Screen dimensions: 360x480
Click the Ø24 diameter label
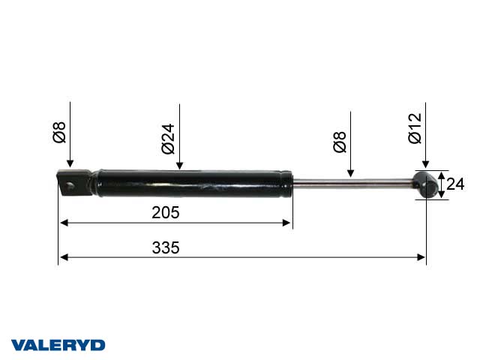pos(168,138)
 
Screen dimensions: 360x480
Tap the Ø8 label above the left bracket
pos(60,133)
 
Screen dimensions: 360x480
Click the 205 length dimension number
pos(166,212)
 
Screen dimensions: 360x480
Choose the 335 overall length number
pos(166,248)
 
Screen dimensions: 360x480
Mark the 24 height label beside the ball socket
pos(457,184)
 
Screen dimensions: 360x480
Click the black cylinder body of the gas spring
pos(191,184)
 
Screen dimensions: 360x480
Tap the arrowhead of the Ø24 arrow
pos(179,166)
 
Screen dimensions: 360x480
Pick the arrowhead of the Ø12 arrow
pos(425,166)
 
